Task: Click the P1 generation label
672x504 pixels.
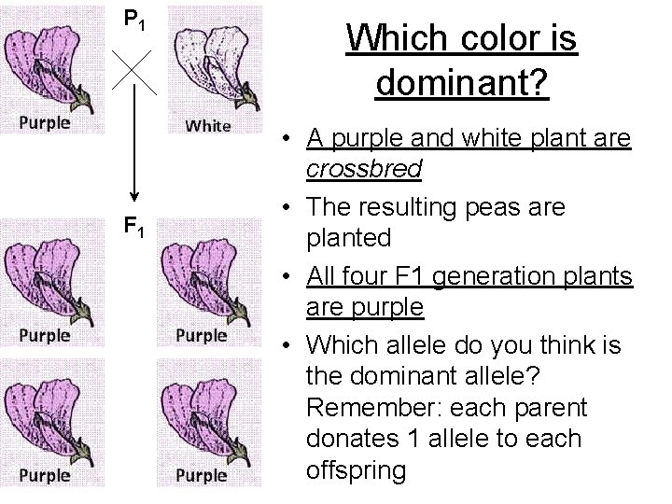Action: click(135, 19)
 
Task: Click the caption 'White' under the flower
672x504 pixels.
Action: click(207, 125)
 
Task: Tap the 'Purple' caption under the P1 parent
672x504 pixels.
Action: click(45, 122)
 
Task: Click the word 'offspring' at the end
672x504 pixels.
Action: click(356, 469)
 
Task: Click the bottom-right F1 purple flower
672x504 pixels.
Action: click(203, 412)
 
